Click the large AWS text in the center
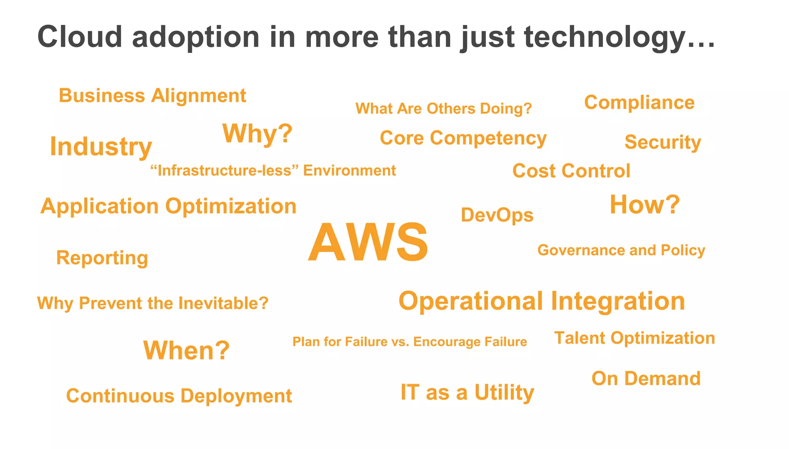click(x=368, y=242)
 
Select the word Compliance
click(x=639, y=103)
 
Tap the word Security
click(x=663, y=142)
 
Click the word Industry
click(x=101, y=147)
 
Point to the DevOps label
click(x=497, y=215)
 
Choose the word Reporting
click(x=102, y=258)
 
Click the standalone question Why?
click(x=257, y=133)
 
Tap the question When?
click(x=186, y=350)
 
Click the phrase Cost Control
click(x=571, y=171)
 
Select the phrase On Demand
click(x=646, y=378)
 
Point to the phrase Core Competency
click(x=463, y=138)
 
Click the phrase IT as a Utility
click(x=467, y=392)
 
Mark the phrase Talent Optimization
click(x=634, y=338)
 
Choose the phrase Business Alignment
click(x=152, y=96)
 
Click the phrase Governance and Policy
click(x=621, y=250)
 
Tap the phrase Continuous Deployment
click(x=179, y=396)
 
